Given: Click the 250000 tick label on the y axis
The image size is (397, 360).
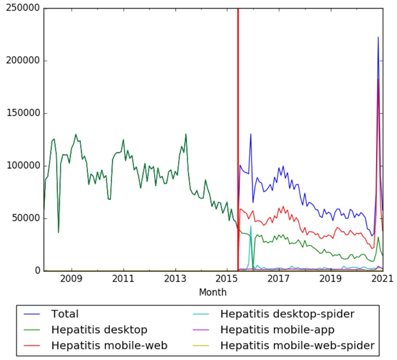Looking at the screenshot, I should [23, 9].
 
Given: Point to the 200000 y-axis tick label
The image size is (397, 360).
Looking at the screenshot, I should [23, 61].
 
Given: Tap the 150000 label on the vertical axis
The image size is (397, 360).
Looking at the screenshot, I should [23, 113].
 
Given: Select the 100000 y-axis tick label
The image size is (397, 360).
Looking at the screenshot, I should [23, 166].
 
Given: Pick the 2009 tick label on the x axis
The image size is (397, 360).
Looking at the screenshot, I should [71, 279].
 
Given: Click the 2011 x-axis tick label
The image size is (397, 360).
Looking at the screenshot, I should [123, 279].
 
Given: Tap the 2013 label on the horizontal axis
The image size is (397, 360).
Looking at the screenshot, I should [175, 279].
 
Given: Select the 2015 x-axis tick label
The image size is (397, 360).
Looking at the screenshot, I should [227, 279].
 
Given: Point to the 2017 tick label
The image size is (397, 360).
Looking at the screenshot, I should [279, 279].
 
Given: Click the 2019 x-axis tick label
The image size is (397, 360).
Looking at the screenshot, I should [331, 279].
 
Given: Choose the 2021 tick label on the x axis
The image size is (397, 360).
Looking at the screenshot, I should [383, 279].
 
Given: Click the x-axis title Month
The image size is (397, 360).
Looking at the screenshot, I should [213, 292].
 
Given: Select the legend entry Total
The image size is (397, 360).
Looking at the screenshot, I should [65, 314].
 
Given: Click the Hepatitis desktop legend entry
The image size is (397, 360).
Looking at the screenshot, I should [99, 330].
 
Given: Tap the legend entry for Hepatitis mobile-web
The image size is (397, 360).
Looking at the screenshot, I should [109, 346].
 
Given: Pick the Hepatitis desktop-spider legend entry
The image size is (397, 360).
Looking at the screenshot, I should [287, 314].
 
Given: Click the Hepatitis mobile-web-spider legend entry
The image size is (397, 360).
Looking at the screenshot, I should [297, 346].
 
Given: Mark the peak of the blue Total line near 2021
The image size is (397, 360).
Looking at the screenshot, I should [378, 37].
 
